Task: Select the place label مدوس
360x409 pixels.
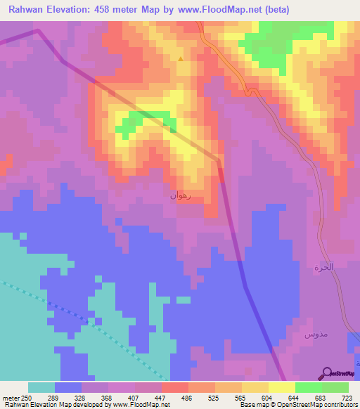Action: tap(316, 335)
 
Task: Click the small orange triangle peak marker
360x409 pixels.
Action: tap(181, 59)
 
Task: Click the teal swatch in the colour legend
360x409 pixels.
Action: tap(41, 387)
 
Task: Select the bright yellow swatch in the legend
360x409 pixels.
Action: tap(281, 387)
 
